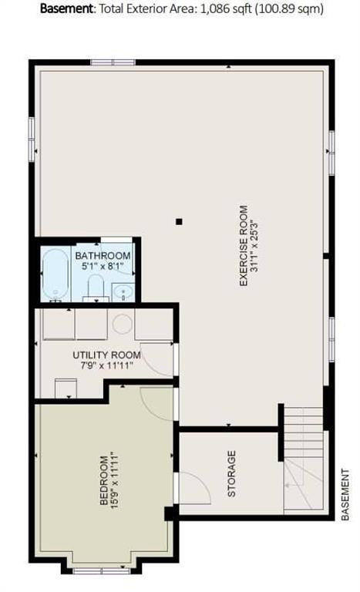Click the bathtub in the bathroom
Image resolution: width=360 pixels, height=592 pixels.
pyautogui.click(x=54, y=274)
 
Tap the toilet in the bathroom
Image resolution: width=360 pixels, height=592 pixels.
pyautogui.click(x=96, y=288)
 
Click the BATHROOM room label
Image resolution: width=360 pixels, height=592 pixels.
pyautogui.click(x=103, y=256)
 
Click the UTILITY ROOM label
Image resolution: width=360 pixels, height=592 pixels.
pyautogui.click(x=107, y=355)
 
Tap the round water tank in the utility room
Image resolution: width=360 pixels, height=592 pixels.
pyautogui.click(x=123, y=324)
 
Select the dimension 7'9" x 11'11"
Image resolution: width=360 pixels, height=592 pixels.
pyautogui.click(x=107, y=366)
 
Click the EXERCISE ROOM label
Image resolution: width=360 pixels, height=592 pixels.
pyautogui.click(x=244, y=246)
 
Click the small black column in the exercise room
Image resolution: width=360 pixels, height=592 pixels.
pyautogui.click(x=179, y=221)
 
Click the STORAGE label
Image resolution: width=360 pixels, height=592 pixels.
pyautogui.click(x=231, y=474)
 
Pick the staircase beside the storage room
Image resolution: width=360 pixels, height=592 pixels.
pyautogui.click(x=303, y=459)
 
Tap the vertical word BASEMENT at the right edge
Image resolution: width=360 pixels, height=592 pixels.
pyautogui.click(x=345, y=491)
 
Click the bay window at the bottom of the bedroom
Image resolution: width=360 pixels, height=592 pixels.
pyautogui.click(x=102, y=570)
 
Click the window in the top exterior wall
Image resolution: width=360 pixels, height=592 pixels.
pyautogui.click(x=113, y=62)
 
